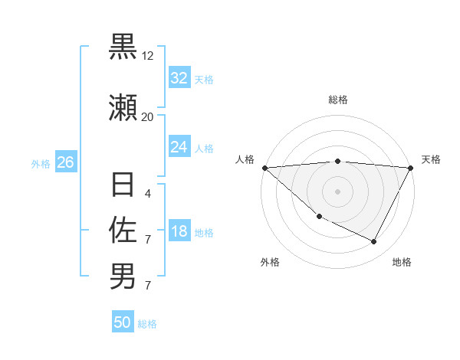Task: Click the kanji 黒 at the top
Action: click(x=123, y=47)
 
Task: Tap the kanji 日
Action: click(x=123, y=185)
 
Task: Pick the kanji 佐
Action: click(x=123, y=230)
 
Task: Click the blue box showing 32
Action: click(x=179, y=78)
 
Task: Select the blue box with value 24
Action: click(x=179, y=147)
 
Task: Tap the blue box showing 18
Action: click(x=179, y=232)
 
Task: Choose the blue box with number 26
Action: click(x=65, y=162)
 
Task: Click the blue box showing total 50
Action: click(x=123, y=322)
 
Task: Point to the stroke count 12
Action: click(x=148, y=56)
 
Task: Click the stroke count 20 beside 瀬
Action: click(x=148, y=116)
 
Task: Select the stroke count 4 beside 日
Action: click(x=148, y=194)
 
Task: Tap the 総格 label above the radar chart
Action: click(x=338, y=100)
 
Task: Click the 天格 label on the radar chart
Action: click(x=432, y=159)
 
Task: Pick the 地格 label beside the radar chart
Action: click(x=402, y=262)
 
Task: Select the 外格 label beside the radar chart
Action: click(x=270, y=262)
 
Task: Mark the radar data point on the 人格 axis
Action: click(x=264, y=167)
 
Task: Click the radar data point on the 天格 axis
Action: click(x=411, y=167)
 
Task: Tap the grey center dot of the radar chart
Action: click(x=337, y=191)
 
